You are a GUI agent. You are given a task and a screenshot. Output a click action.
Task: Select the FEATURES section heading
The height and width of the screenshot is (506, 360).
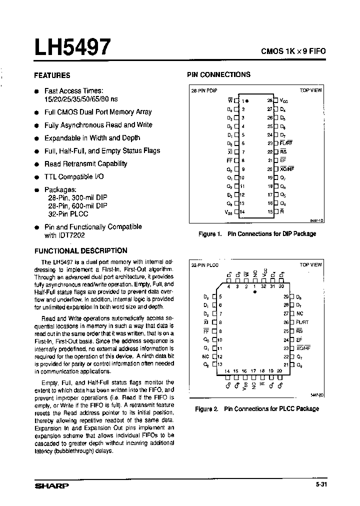point(52,75)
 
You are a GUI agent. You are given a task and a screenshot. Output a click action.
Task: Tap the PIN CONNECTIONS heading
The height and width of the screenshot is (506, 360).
point(218,74)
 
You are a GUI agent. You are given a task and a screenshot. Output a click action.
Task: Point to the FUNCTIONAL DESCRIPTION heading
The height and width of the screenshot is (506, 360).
point(80,251)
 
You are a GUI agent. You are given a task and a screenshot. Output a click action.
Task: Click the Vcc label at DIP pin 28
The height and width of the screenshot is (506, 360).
point(284,100)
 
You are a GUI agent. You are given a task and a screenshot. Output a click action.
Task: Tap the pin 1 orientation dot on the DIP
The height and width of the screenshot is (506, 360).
point(246,100)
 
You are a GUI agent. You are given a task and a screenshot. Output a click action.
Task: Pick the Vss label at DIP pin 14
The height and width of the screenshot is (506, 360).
point(230,212)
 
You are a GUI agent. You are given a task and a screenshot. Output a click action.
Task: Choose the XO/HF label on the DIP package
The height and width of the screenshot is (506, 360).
point(287,169)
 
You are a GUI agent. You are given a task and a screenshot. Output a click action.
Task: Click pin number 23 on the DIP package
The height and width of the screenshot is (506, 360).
point(270,143)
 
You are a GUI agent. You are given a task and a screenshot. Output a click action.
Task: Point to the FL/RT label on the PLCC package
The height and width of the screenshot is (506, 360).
point(302,322)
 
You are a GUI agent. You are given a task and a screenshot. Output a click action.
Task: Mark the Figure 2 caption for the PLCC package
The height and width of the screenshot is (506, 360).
point(256,409)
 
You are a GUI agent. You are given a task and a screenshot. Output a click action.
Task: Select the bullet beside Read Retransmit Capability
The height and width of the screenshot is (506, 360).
point(36,164)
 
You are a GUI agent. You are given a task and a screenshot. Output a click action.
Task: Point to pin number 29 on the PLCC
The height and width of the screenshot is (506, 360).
point(286,296)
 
